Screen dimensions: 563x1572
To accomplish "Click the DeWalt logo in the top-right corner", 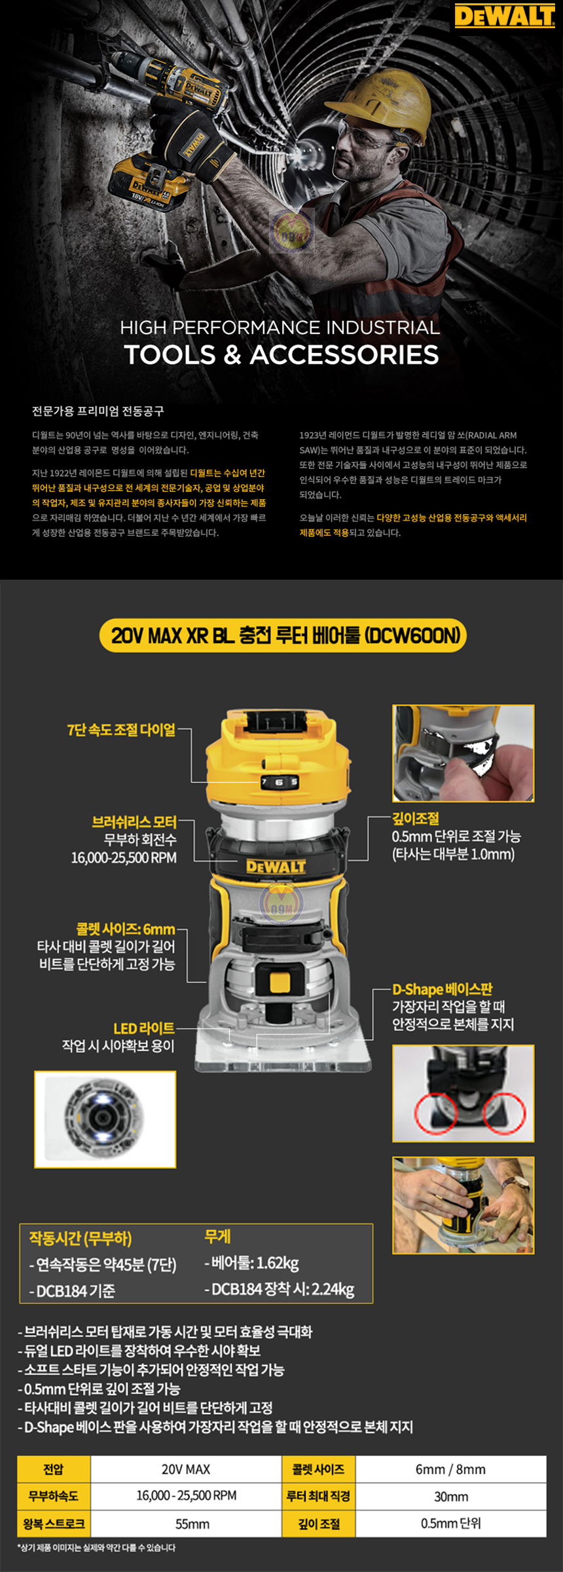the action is click(x=505, y=16).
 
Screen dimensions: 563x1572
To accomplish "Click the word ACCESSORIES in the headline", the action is click(x=344, y=354).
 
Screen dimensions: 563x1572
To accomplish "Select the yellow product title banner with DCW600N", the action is click(x=283, y=635).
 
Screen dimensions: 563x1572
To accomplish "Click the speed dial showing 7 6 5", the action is click(x=280, y=781).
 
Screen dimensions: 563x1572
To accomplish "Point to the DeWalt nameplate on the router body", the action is click(x=276, y=866).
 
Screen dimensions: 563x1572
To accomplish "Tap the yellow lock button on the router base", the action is click(x=280, y=981).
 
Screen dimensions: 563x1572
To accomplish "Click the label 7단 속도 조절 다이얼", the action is click(x=121, y=730).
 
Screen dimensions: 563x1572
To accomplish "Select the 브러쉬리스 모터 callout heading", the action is click(x=134, y=822).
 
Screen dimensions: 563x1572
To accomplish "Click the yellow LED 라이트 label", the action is click(x=144, y=1028).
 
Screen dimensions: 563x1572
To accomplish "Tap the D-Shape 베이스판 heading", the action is click(x=443, y=989).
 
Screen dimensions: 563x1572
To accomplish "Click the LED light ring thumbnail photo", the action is click(x=105, y=1119).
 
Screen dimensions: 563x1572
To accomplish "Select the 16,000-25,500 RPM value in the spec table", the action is click(x=186, y=1496).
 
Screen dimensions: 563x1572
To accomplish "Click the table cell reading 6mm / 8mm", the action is click(x=450, y=1469).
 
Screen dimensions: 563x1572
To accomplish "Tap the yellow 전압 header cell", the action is click(x=54, y=1469).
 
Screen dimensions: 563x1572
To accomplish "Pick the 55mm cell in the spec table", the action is click(x=192, y=1524).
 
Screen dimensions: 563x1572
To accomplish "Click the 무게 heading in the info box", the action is click(x=217, y=1237).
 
